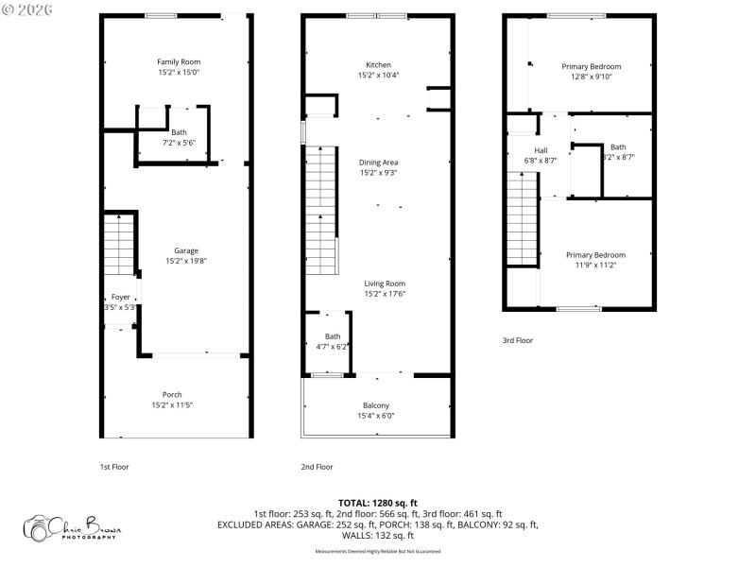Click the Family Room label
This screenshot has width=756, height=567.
click(179, 61)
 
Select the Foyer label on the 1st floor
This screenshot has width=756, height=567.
click(120, 297)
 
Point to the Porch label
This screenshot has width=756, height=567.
click(172, 394)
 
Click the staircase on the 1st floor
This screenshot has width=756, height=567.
click(120, 244)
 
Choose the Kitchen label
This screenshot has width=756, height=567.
click(378, 64)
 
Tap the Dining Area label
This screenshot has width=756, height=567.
click(378, 163)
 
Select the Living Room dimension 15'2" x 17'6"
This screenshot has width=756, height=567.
click(385, 293)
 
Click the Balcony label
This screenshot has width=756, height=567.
click(376, 404)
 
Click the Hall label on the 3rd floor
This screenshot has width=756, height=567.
click(541, 150)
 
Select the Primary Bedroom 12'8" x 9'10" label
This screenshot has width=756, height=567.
click(592, 66)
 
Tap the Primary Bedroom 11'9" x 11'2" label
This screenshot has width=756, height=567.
click(595, 254)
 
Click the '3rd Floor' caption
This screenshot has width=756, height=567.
click(517, 340)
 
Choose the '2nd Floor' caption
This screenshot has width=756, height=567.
click(317, 467)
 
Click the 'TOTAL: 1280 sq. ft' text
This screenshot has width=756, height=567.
click(377, 502)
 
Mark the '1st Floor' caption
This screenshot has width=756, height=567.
click(114, 467)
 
